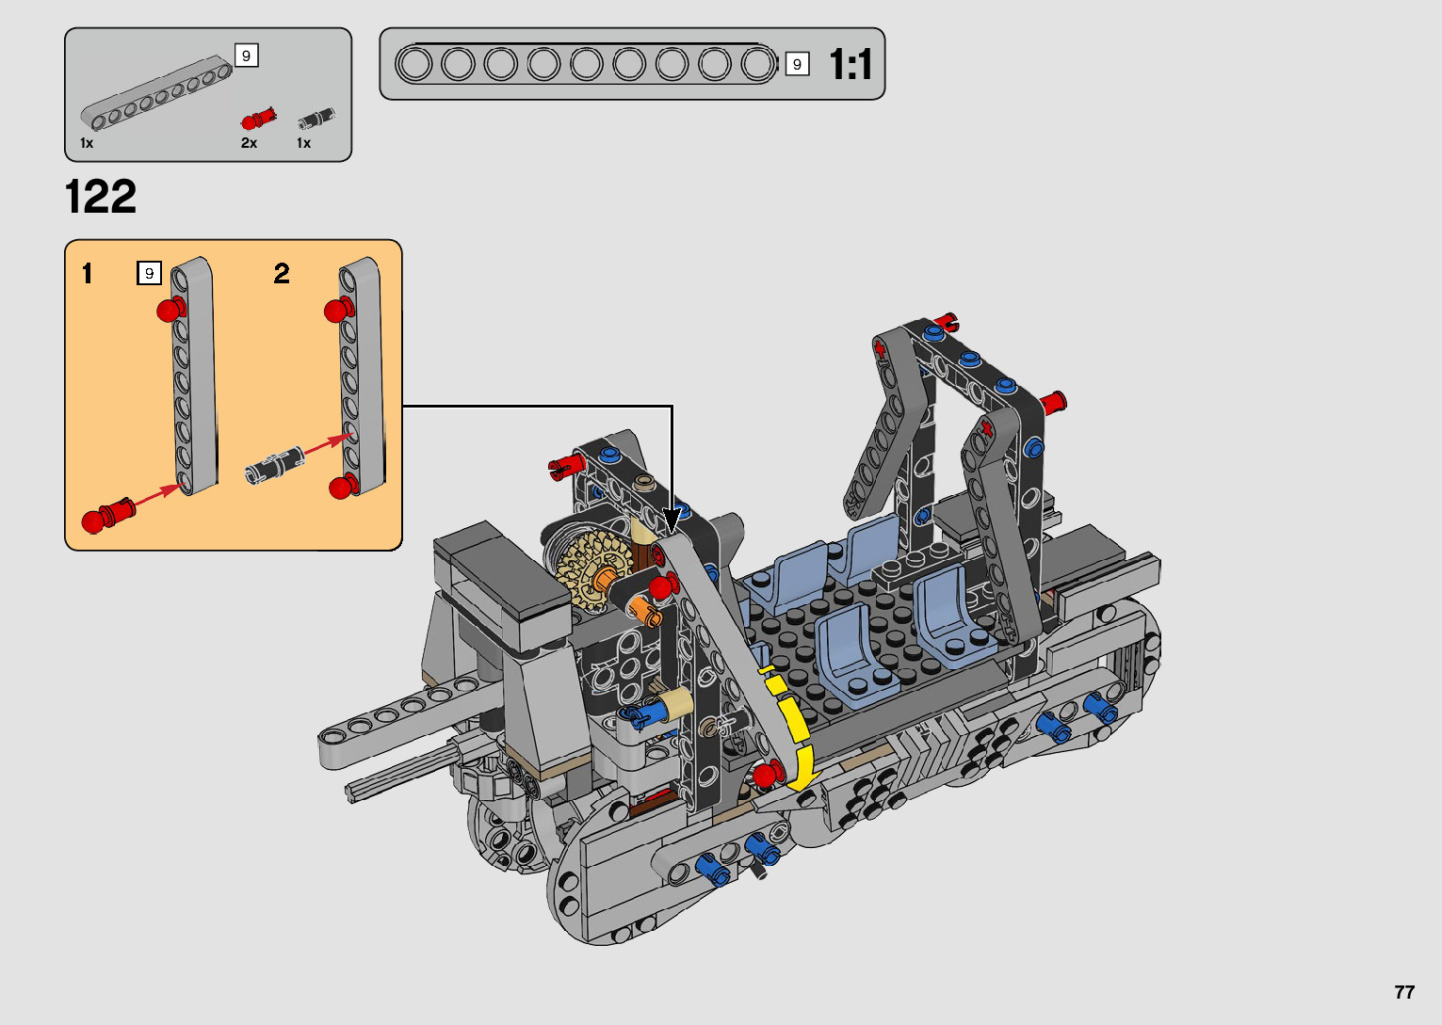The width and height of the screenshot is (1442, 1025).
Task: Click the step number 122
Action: point(101,197)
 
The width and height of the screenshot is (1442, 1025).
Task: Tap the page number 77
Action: point(1404,991)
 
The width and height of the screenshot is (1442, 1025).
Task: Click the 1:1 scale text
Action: point(851,64)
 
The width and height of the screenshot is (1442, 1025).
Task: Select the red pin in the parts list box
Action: point(258,119)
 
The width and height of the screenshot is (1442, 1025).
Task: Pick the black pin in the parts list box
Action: point(316,119)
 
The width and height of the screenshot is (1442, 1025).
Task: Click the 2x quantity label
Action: point(250,143)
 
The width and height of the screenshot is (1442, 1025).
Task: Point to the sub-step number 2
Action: point(282,274)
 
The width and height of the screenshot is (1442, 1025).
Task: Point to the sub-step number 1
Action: point(88,274)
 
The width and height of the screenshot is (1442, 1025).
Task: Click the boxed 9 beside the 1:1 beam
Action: point(797,64)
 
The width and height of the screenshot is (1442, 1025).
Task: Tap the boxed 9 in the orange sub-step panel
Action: point(150,273)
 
